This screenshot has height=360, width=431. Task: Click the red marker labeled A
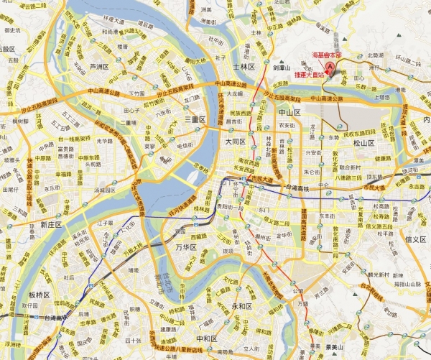pos(330,68)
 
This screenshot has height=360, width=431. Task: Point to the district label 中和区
pos(206,338)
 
